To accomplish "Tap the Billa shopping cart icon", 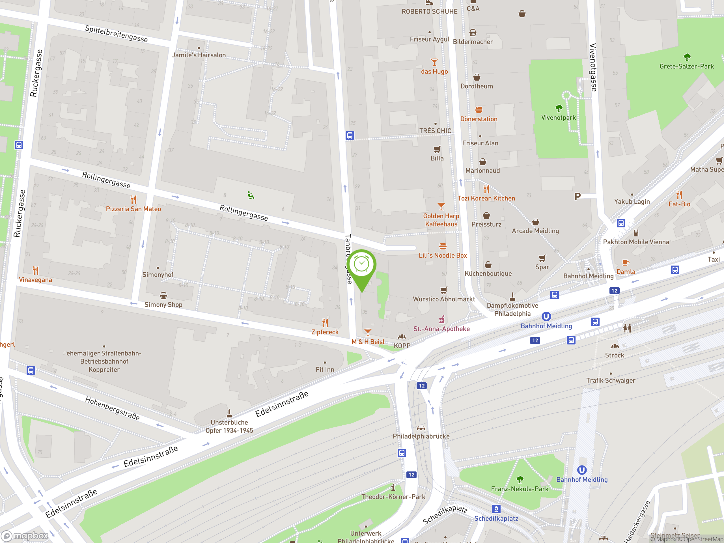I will click(x=437, y=150).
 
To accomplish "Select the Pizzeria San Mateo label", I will click(x=133, y=209).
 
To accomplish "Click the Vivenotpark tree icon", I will click(x=559, y=108).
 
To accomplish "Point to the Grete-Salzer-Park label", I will click(x=686, y=66).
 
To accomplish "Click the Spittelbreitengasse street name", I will click(x=116, y=34).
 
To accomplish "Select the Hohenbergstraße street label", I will click(x=112, y=408).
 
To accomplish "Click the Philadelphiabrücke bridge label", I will click(x=421, y=436).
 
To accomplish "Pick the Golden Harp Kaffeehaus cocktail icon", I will click(x=441, y=206).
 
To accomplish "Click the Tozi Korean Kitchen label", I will click(x=486, y=198).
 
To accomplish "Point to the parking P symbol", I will click(x=578, y=196).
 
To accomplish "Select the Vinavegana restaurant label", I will click(x=35, y=280).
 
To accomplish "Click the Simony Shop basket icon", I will click(x=163, y=296).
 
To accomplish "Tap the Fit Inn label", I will click(x=325, y=370).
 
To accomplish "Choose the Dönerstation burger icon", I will click(x=479, y=110).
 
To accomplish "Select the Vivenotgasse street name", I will click(x=593, y=67).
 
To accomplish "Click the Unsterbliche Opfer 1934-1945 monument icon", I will click(x=229, y=413).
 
